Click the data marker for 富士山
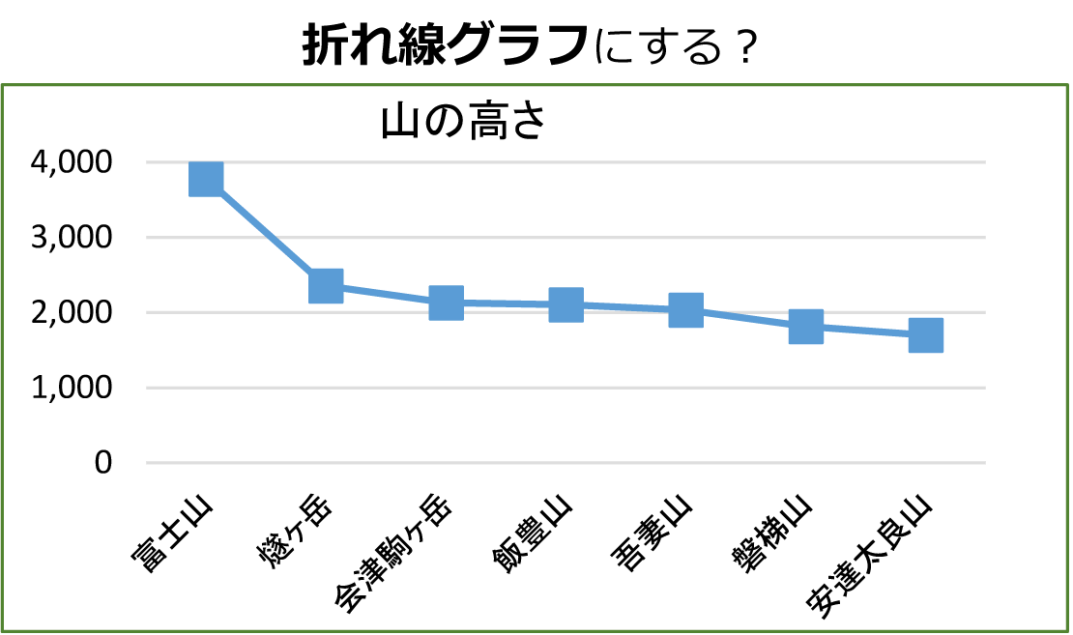point(206,179)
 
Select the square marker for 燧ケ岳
point(326,286)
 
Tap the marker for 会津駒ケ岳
point(446,303)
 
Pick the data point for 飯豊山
point(565,304)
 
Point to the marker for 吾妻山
point(685,310)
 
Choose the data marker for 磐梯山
point(805,327)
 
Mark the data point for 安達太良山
point(925,335)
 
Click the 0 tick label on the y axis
point(103,463)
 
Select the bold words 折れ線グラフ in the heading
point(446,44)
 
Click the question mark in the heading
point(742,46)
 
